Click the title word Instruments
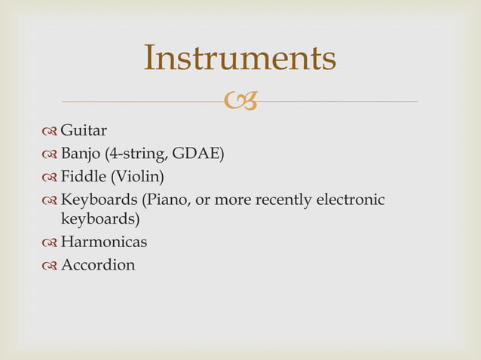coord(240,59)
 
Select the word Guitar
coord(84,134)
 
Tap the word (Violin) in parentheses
coord(137,178)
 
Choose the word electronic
coord(350,200)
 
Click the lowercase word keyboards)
coord(100,220)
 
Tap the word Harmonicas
coord(104,243)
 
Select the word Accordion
coord(98,264)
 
